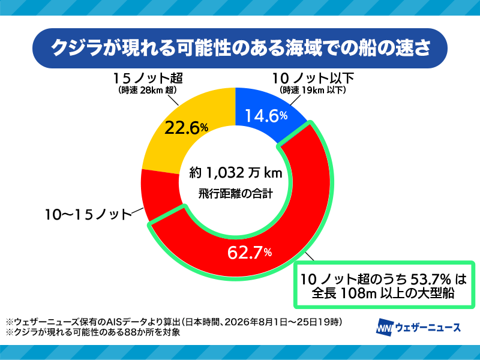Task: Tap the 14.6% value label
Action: pyautogui.click(x=266, y=116)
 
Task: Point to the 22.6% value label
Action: pyautogui.click(x=186, y=128)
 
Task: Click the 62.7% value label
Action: pyautogui.click(x=250, y=253)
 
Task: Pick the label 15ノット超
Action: pyautogui.click(x=148, y=78)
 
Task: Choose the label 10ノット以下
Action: pyautogui.click(x=313, y=78)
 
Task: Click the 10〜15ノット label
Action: pyautogui.click(x=88, y=214)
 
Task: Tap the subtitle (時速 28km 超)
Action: pyautogui.click(x=147, y=91)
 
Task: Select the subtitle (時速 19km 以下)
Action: pyautogui.click(x=313, y=91)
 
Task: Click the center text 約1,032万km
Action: pyautogui.click(x=235, y=173)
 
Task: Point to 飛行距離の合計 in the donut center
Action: pyautogui.click(x=235, y=193)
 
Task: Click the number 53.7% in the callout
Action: pyautogui.click(x=430, y=279)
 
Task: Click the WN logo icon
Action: pyautogui.click(x=385, y=328)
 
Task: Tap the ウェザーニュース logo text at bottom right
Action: pyautogui.click(x=428, y=327)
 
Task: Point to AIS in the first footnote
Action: pyautogui.click(x=114, y=322)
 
